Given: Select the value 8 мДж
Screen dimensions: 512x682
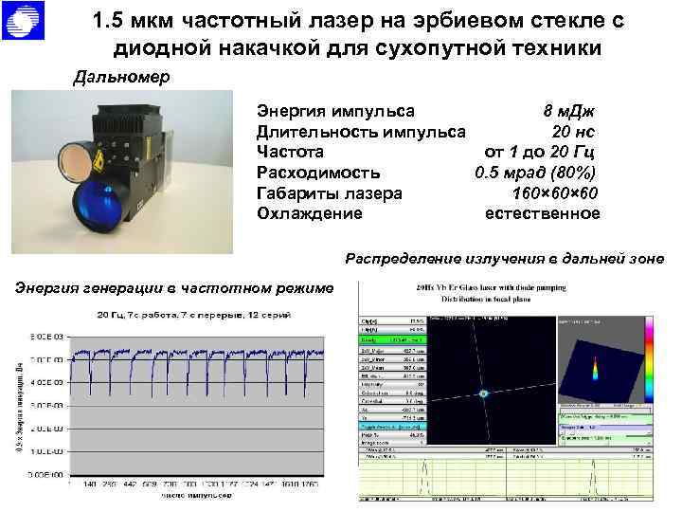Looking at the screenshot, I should point(568,112).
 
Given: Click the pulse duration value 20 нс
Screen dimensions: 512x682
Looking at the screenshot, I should point(573,132).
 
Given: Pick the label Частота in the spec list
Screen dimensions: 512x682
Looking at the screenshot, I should point(290,152).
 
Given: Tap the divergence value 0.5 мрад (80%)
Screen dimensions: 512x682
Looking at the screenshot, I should point(536,173).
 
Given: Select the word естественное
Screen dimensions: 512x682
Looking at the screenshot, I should point(542,214).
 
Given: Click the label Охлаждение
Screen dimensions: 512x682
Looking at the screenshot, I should point(309,214).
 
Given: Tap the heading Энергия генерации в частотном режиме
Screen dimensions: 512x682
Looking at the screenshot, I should point(170,288).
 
